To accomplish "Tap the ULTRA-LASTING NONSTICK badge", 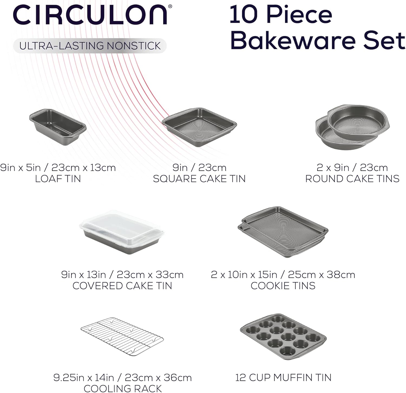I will click(x=90, y=46).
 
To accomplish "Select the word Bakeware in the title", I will click(x=293, y=40).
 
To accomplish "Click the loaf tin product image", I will click(x=58, y=127).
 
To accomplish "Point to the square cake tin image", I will click(x=199, y=127).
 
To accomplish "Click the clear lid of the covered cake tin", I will click(x=122, y=228).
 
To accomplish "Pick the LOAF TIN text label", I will click(x=58, y=179).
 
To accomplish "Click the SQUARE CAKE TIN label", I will click(x=199, y=179).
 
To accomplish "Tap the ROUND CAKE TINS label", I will click(x=352, y=179).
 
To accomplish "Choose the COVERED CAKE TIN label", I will click(x=122, y=286).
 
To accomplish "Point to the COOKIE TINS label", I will click(x=283, y=286).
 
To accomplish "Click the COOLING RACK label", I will click(x=123, y=388).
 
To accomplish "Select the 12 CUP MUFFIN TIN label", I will click(x=283, y=378).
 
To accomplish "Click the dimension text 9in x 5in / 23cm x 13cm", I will click(x=58, y=168).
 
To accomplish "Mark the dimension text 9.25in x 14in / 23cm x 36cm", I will click(x=122, y=378).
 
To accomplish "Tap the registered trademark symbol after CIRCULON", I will click(x=170, y=6).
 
